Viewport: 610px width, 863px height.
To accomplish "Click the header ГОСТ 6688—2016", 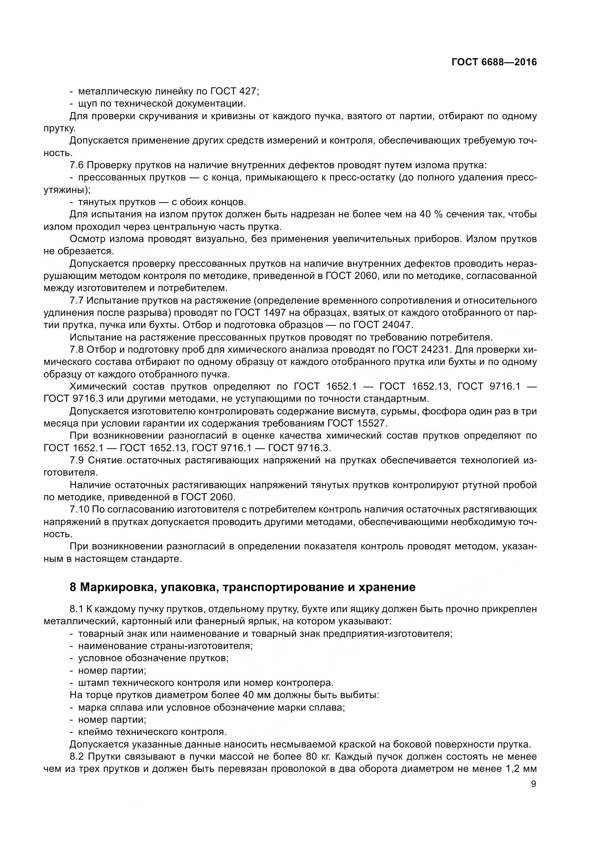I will tap(494, 62).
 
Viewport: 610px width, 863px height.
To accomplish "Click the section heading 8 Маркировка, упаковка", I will tap(243, 587).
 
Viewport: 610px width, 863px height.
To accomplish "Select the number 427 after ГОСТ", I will tap(247, 91).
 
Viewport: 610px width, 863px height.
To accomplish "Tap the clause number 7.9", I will tap(77, 460).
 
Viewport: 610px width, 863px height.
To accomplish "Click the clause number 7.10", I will tap(79, 509).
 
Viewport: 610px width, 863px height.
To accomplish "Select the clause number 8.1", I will tap(77, 608).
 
